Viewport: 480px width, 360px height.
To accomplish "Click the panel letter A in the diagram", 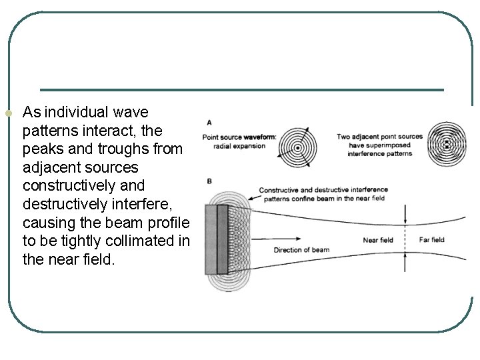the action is (x=210, y=123).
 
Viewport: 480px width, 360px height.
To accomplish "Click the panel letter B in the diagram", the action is (x=210, y=180).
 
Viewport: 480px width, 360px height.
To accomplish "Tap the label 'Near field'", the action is (x=377, y=240).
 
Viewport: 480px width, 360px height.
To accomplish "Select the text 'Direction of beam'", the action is (x=301, y=250).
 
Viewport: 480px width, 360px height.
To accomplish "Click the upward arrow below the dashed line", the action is (x=405, y=263).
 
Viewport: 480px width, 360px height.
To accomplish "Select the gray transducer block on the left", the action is (x=217, y=239).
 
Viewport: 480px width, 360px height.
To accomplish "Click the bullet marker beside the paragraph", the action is (x=8, y=114).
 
